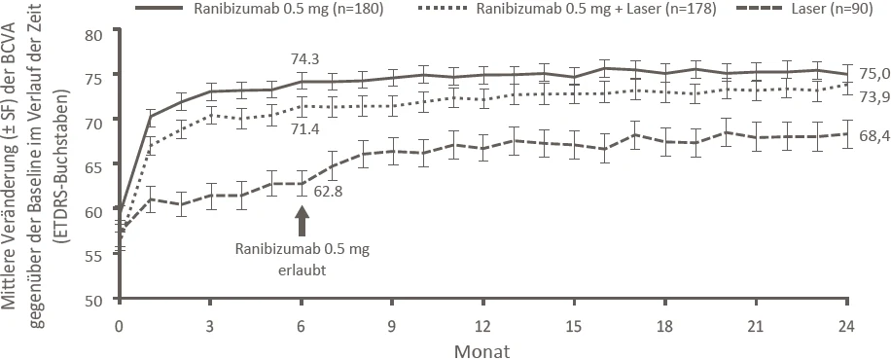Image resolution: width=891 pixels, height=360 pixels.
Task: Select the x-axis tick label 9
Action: click(x=392, y=327)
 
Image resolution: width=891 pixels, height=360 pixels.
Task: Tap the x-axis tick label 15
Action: click(x=575, y=327)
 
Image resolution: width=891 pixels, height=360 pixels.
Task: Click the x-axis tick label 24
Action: click(x=847, y=327)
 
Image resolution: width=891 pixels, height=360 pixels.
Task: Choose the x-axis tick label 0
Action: click(x=120, y=327)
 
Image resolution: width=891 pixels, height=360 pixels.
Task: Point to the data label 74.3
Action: click(x=303, y=58)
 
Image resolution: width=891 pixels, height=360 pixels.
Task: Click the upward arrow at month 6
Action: click(x=302, y=220)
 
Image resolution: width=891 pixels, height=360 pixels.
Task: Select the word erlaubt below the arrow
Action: click(x=303, y=270)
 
